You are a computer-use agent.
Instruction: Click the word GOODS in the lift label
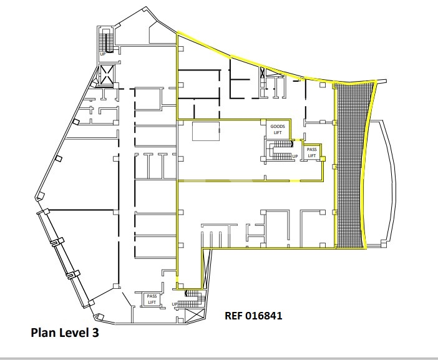coord(278,127)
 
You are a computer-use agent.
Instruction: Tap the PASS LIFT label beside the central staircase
coord(311,152)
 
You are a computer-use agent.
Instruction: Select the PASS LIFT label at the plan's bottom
coord(152,299)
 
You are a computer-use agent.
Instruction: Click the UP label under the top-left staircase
coord(103,54)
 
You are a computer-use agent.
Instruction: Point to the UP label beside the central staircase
coord(295,157)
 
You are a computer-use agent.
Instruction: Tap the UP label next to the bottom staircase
coord(175,304)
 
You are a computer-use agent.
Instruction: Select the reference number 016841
coord(264,316)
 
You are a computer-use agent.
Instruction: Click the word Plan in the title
coord(42,333)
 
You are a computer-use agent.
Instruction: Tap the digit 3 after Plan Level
coord(95,333)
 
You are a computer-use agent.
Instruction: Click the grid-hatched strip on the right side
coord(352,165)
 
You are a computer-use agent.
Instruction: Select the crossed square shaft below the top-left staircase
coord(106,75)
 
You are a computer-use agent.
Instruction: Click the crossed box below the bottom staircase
coord(195,316)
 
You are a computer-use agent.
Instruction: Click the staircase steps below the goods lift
coord(279,150)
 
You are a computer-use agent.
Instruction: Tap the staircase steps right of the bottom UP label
coord(191,299)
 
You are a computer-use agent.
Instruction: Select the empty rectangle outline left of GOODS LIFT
coord(206,131)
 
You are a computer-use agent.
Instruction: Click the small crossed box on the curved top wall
coord(262,73)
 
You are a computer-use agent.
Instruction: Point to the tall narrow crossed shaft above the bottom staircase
coord(207,268)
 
